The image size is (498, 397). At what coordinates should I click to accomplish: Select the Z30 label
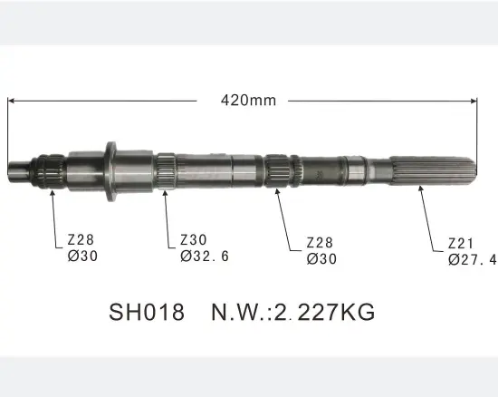pyautogui.click(x=192, y=240)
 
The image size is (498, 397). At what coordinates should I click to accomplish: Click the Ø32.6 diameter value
pyautogui.click(x=204, y=257)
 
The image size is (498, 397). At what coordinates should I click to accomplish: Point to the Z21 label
pyautogui.click(x=460, y=243)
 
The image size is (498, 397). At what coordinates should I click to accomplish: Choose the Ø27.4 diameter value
pyautogui.click(x=472, y=259)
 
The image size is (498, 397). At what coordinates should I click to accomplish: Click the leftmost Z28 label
pyautogui.click(x=81, y=240)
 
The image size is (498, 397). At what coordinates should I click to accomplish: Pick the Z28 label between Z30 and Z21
pyautogui.click(x=321, y=243)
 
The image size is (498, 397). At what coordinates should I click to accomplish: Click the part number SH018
pyautogui.click(x=147, y=313)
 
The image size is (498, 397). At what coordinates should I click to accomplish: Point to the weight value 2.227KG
pyautogui.click(x=324, y=313)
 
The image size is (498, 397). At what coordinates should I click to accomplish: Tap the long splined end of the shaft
pyautogui.click(x=435, y=169)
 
